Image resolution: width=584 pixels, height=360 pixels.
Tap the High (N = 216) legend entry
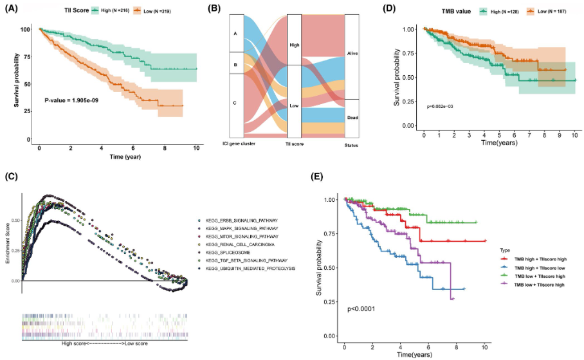pyautogui.click(x=113, y=9)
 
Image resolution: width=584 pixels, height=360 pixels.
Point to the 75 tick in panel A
pyautogui.click(x=26, y=57)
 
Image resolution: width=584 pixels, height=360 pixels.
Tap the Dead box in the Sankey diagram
pyautogui.click(x=352, y=118)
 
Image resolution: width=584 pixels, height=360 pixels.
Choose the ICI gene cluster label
pyautogui.click(x=238, y=143)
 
